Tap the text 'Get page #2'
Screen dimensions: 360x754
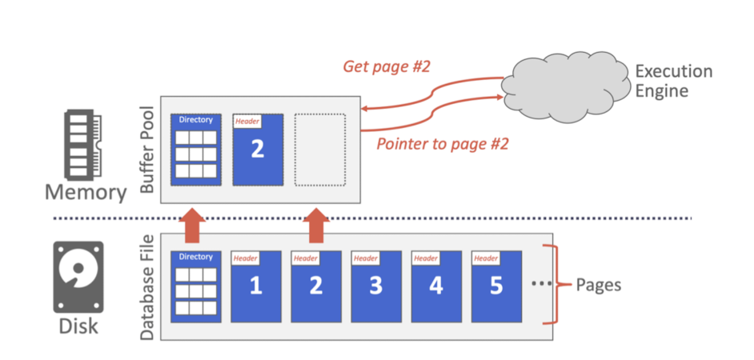[x=387, y=66]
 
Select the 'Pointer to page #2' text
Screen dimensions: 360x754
[x=442, y=144]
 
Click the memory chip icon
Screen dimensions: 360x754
[x=82, y=146]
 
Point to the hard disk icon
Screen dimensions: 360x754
[x=77, y=277]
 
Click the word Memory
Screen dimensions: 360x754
[x=85, y=193]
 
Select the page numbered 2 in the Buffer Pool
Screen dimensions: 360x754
[x=257, y=150]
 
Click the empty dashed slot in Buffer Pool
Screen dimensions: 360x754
[x=319, y=150]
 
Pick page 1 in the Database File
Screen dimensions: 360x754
[x=256, y=286]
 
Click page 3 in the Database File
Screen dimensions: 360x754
[x=375, y=286]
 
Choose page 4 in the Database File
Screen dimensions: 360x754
[x=435, y=286]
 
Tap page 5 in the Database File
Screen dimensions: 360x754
[x=495, y=286]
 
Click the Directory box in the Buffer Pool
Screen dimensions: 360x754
[x=196, y=150]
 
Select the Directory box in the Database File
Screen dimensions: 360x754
[x=196, y=286]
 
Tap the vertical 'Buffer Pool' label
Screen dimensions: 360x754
[x=147, y=150]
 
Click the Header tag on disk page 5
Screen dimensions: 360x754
[x=485, y=258]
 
